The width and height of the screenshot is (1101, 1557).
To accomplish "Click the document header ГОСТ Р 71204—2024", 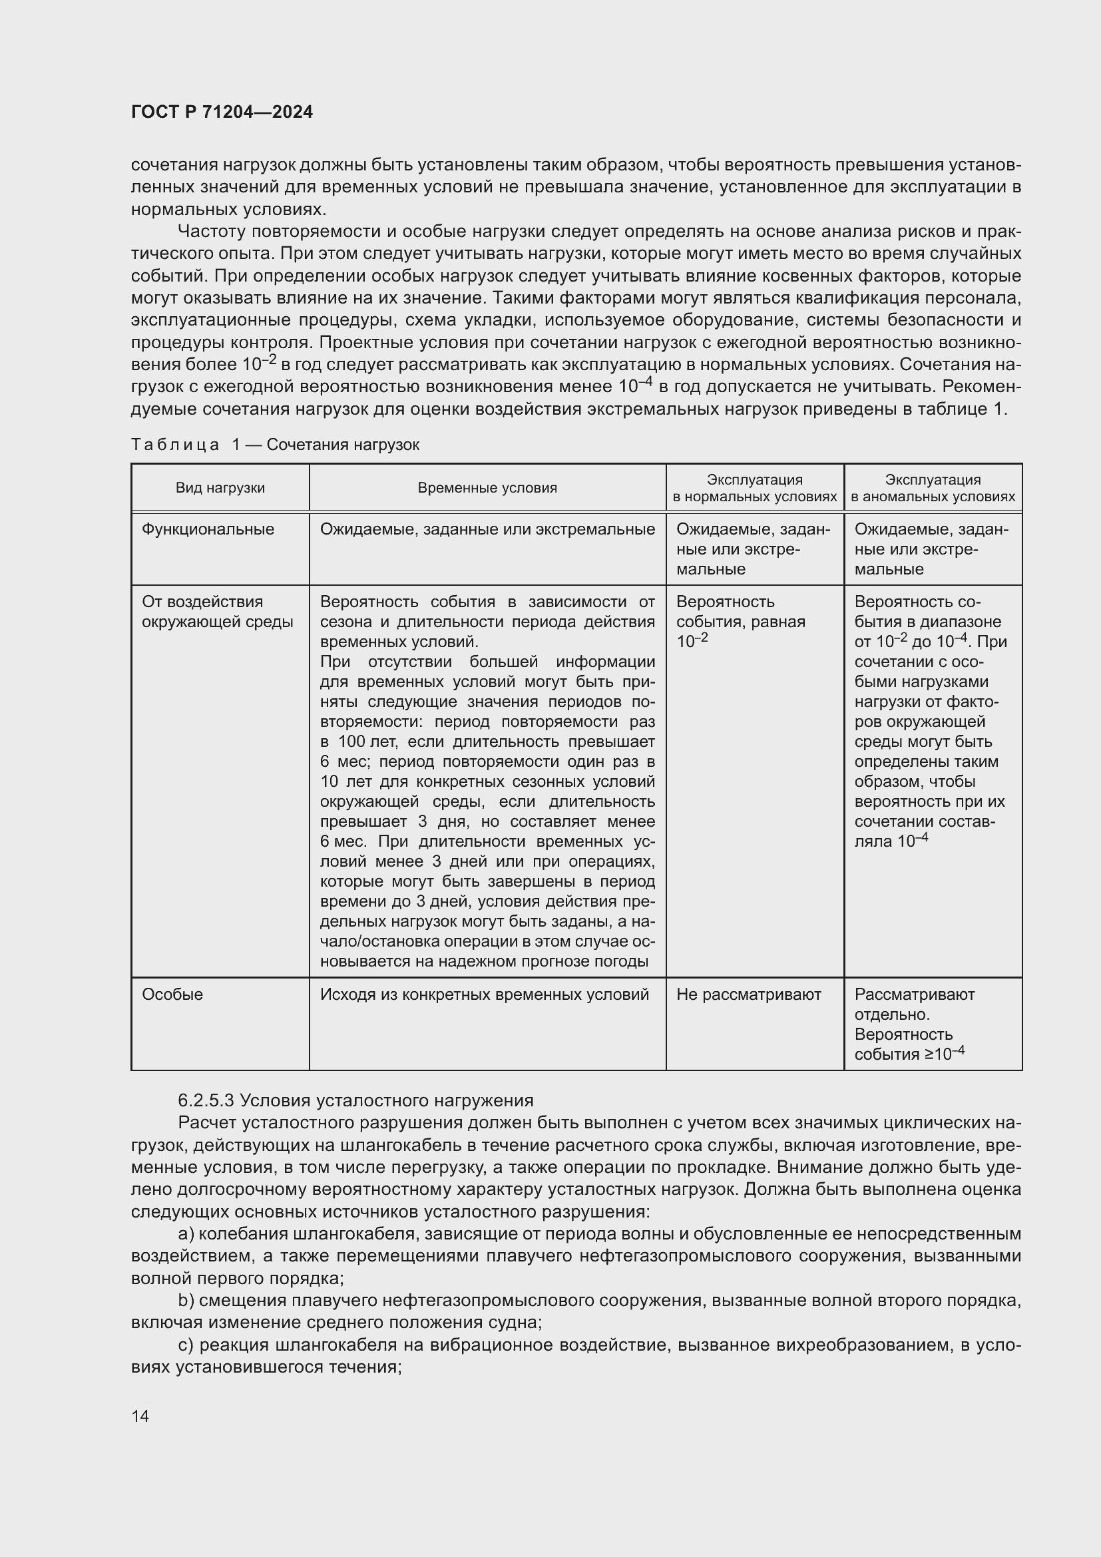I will pyautogui.click(x=222, y=112).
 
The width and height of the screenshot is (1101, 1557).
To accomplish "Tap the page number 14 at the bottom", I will pyautogui.click(x=140, y=1416).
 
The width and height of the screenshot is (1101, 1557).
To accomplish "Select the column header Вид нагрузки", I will pyautogui.click(x=220, y=487).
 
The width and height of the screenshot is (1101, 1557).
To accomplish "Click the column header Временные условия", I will pyautogui.click(x=487, y=487).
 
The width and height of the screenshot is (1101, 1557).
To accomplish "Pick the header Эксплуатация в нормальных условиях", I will pyautogui.click(x=754, y=487).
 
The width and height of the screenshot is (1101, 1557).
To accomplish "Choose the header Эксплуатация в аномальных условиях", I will pyautogui.click(x=932, y=487).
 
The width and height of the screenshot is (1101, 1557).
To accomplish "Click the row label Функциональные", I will pyautogui.click(x=208, y=529).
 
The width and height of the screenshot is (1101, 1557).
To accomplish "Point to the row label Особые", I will pyautogui.click(x=172, y=994).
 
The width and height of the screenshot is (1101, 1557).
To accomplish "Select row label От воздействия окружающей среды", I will pyautogui.click(x=217, y=612).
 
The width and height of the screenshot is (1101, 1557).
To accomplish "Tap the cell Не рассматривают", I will pyautogui.click(x=748, y=994).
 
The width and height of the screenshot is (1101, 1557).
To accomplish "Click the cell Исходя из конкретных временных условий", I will pyautogui.click(x=484, y=994).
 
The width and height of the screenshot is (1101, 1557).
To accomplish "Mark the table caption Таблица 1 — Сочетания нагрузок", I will pyautogui.click(x=274, y=445).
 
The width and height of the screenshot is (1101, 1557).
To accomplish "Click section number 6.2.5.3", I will pyautogui.click(x=206, y=1100).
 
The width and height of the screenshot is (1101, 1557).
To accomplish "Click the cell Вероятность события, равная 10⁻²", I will pyautogui.click(x=740, y=621).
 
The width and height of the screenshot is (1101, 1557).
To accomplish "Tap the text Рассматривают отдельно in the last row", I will pyautogui.click(x=914, y=1004).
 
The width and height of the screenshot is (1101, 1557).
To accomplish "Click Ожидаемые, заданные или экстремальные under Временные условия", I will pyautogui.click(x=487, y=529).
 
